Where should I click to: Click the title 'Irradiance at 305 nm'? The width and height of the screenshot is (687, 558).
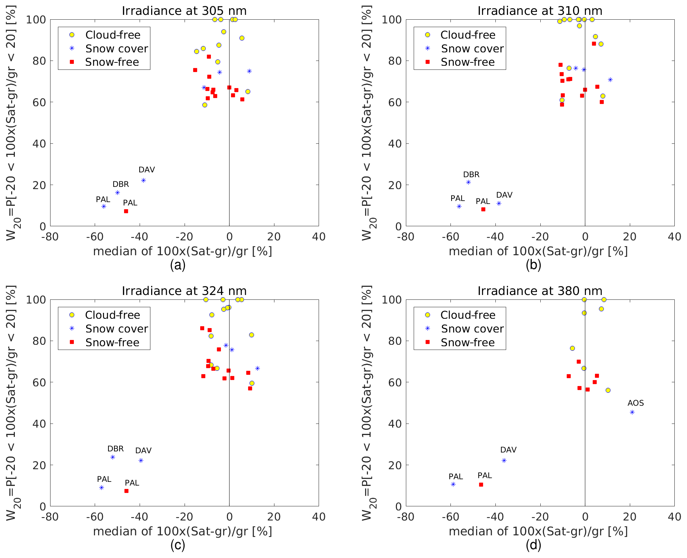[184, 11]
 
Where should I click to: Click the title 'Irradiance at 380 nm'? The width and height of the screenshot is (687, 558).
[540, 291]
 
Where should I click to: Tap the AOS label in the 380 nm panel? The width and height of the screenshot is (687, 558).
[635, 403]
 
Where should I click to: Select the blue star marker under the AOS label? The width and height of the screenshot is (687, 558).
[632, 412]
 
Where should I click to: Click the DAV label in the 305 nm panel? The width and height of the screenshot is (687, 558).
[147, 170]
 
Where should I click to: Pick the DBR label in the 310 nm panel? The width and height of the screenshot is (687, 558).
[471, 175]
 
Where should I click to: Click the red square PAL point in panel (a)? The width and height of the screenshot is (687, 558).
[126, 211]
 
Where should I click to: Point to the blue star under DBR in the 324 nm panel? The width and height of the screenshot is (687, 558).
[113, 457]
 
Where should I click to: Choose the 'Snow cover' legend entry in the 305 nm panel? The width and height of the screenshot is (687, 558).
[116, 49]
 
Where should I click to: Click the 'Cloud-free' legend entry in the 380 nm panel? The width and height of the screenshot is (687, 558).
[468, 315]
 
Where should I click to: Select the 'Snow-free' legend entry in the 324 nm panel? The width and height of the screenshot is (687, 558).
[112, 343]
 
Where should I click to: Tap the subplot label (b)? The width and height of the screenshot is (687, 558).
[533, 265]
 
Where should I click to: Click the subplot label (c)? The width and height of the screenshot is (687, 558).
[178, 545]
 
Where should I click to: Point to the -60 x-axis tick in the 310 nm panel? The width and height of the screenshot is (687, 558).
[450, 237]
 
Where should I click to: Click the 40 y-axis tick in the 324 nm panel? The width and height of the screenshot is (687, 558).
[39, 424]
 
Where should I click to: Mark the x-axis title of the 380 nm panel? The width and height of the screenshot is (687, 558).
[538, 531]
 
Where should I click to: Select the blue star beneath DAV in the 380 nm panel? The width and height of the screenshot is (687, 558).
[504, 460]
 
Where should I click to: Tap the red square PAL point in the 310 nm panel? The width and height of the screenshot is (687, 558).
[483, 209]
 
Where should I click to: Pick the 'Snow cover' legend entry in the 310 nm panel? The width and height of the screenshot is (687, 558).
[472, 49]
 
